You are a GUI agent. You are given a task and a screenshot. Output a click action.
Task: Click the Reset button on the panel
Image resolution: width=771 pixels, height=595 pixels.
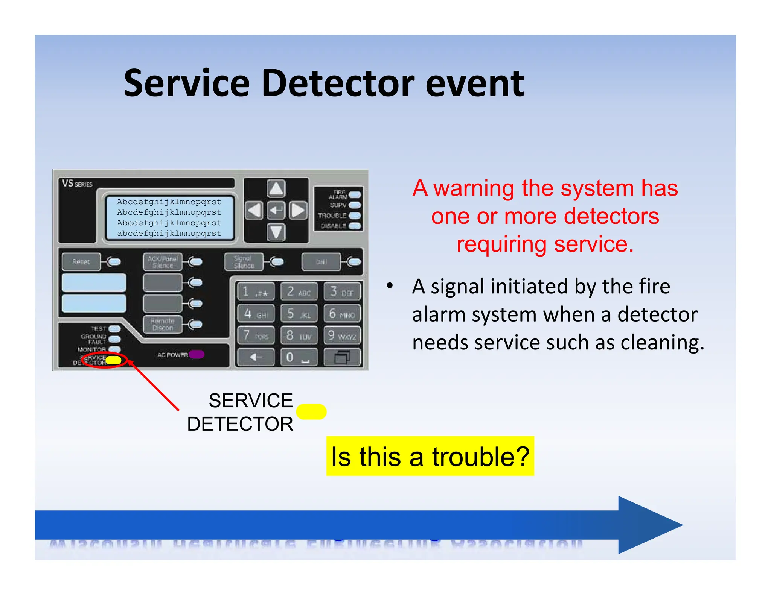(x=81, y=262)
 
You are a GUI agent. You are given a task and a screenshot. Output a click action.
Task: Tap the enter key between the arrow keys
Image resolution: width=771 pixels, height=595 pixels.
(x=276, y=210)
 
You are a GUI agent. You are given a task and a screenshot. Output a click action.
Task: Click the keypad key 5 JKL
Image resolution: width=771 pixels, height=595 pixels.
(x=299, y=314)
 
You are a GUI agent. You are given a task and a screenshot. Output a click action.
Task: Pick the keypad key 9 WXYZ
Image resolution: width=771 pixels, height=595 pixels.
(x=342, y=335)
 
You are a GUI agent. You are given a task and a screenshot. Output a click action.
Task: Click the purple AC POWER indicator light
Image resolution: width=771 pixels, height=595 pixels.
(x=197, y=354)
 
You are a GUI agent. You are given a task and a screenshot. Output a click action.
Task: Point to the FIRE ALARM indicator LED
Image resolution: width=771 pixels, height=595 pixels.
(x=355, y=195)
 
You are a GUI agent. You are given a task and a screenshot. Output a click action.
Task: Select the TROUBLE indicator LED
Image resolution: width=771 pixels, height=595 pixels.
(x=355, y=216)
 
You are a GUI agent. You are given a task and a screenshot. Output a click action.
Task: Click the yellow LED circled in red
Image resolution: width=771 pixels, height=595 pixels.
(x=113, y=360)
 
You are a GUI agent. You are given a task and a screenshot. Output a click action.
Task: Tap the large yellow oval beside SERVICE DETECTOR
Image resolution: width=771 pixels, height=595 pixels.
(x=311, y=411)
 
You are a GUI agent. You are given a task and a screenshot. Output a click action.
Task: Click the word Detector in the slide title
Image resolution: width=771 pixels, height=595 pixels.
(x=338, y=83)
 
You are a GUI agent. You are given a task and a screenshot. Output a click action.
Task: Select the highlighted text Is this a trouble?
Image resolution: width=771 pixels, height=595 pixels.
(x=430, y=456)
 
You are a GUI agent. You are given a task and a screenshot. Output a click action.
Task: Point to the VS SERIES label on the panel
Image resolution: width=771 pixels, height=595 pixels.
(x=77, y=184)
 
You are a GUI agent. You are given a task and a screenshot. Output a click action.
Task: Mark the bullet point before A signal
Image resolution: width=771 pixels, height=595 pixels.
(x=390, y=286)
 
